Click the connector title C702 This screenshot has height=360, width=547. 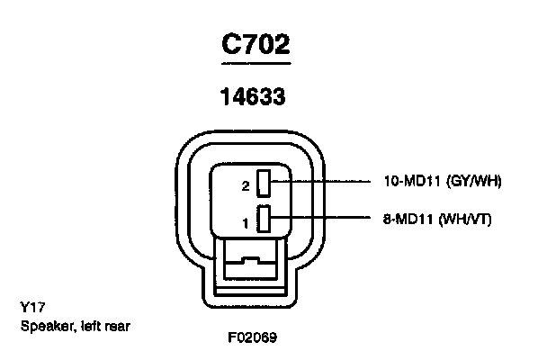256,44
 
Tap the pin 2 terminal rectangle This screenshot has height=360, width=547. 265,183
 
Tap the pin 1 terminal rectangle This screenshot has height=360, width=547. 265,218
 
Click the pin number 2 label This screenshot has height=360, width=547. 245,186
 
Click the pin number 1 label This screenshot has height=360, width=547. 245,220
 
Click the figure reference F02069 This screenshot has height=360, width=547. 252,339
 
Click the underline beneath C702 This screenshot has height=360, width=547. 256,63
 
